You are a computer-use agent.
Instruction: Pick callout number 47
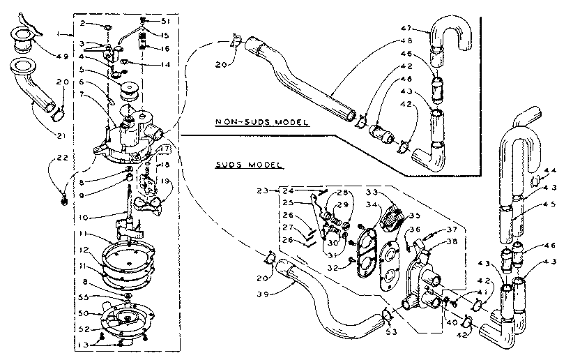click(408, 28)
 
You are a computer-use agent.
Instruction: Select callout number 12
click(84, 249)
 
